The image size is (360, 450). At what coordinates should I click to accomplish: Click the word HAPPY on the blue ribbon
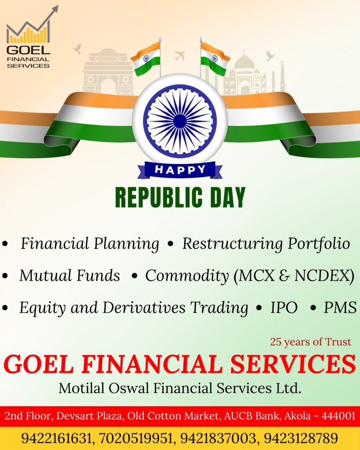coord(180,170)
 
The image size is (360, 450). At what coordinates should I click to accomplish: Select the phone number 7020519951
coord(136,439)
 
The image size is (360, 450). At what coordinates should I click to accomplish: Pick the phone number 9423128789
coord(301,439)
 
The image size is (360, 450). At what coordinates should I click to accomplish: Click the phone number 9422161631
coord(57,439)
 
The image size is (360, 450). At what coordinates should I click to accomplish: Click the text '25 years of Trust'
coord(311,342)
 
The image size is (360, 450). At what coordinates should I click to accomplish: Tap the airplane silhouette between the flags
coord(180,55)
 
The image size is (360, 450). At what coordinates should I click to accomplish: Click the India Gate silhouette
coord(108,72)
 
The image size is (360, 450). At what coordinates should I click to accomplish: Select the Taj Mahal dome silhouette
coord(244,62)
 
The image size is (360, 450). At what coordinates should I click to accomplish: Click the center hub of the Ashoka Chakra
coord(180,121)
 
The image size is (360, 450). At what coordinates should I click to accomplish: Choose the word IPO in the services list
coord(284,307)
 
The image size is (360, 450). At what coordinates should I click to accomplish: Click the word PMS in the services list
coord(340,307)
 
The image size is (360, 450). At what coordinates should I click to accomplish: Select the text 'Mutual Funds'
coord(69,276)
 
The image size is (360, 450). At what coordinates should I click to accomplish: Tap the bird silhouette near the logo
coord(77,48)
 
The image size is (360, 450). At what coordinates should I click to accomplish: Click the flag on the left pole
coord(145,58)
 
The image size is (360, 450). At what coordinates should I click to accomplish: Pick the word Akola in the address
coord(298,416)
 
